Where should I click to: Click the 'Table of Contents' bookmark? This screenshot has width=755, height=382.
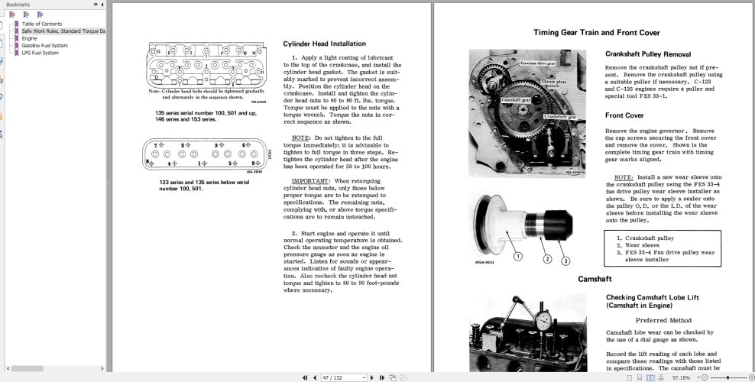click(41, 24)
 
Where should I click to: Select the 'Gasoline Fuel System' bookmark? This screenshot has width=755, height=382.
click(44, 45)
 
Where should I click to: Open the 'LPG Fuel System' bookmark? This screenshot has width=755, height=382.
click(40, 53)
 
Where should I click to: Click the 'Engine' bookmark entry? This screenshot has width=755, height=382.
click(29, 38)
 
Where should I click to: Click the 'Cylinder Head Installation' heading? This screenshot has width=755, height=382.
click(324, 44)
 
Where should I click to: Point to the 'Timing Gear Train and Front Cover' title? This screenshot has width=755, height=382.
click(596, 33)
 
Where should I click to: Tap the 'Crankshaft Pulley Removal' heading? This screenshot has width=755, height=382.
click(648, 54)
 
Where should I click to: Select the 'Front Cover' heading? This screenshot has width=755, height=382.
click(624, 115)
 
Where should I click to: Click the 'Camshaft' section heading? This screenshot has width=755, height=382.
click(595, 279)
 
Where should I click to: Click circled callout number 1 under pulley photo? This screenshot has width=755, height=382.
click(517, 257)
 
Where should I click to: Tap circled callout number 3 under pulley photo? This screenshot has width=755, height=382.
click(565, 261)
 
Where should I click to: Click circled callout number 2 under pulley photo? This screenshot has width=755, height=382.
click(547, 259)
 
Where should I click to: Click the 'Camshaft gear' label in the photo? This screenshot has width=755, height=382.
click(495, 99)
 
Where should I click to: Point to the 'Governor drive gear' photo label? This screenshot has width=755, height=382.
click(538, 63)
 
